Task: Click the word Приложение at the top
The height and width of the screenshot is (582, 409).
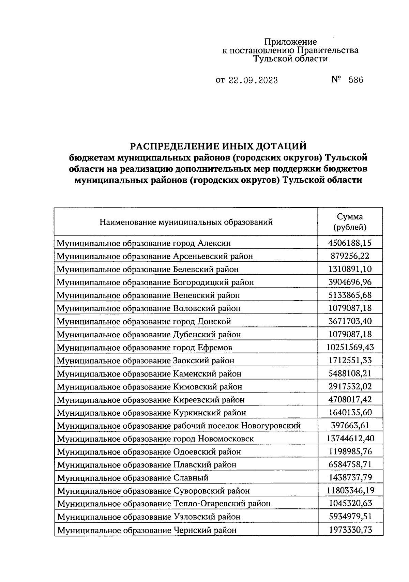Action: coord(290,42)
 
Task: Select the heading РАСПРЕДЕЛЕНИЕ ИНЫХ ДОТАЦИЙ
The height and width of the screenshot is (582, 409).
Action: coord(218,146)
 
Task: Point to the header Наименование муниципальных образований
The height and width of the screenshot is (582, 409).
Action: coord(186,222)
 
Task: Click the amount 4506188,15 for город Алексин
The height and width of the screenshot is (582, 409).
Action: coord(350,243)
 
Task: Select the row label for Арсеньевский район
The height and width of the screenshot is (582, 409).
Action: coord(155,256)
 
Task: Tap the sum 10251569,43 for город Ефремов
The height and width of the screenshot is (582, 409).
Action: coord(350,347)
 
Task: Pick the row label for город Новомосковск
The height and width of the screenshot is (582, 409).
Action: coord(155,439)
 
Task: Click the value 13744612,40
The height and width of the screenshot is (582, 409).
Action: coord(350,438)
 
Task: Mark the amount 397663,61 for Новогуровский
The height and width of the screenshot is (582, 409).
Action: coord(350,425)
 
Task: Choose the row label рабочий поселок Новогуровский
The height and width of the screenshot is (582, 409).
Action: coord(179,426)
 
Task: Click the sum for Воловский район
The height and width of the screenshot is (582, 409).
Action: coord(350,308)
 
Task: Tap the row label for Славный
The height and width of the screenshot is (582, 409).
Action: coord(133,478)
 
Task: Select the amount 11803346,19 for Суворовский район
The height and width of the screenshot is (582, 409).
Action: coord(350,490)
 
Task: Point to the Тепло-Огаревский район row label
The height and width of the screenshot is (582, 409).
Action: coord(164,504)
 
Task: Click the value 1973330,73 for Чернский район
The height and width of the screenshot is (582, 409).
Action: coord(350,530)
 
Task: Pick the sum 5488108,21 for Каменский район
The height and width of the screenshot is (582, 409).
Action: coord(350,373)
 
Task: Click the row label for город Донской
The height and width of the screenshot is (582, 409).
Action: coord(144,321)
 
